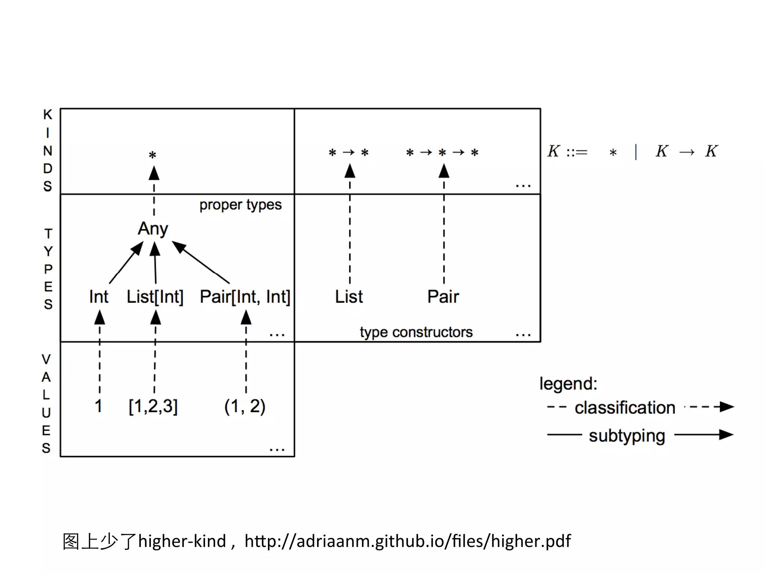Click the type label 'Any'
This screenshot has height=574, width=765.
click(x=153, y=229)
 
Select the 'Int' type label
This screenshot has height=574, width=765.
click(x=99, y=297)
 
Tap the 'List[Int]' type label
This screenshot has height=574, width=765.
click(x=155, y=297)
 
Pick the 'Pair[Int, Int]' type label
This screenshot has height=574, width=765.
click(x=245, y=297)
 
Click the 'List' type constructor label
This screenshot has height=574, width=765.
click(x=349, y=297)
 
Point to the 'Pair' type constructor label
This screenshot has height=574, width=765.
click(x=443, y=297)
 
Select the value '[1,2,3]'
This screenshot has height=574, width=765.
click(x=153, y=406)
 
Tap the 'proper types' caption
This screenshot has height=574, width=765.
click(x=240, y=205)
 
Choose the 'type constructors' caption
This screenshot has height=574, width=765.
click(x=416, y=332)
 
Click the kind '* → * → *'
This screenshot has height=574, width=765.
click(x=442, y=152)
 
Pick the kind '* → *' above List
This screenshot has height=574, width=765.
click(x=349, y=152)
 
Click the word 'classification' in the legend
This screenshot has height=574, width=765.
click(x=625, y=408)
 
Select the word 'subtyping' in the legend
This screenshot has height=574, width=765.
click(x=627, y=436)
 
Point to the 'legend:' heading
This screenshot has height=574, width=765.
click(x=568, y=384)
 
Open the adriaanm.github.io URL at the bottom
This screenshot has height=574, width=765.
click(x=408, y=541)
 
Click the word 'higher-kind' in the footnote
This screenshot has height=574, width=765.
click(x=182, y=541)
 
